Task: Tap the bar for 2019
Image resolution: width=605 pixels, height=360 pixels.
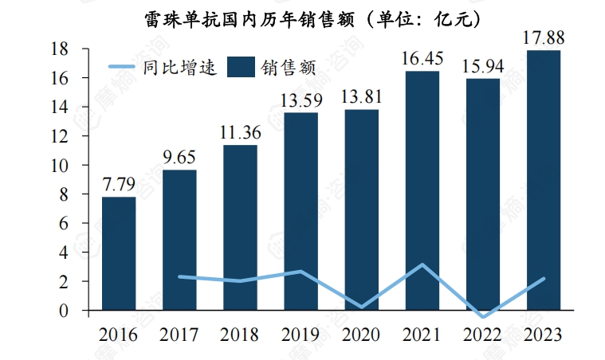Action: click(x=301, y=211)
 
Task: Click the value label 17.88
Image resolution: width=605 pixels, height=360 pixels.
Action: click(x=543, y=37)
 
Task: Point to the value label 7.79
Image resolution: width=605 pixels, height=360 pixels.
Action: click(x=119, y=185)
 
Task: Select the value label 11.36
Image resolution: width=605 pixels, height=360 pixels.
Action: click(x=240, y=133)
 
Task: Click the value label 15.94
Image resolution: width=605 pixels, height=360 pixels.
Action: click(x=482, y=66)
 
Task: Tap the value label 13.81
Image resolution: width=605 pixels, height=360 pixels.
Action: click(x=361, y=97)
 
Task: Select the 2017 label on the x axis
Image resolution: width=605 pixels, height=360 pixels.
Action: click(x=179, y=335)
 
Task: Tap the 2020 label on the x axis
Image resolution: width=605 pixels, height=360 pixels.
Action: click(x=361, y=335)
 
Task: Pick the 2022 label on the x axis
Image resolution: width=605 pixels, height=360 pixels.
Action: click(x=482, y=335)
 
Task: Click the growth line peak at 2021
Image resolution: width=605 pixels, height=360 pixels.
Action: click(x=422, y=264)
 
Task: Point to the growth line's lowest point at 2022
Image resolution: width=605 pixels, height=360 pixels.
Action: click(x=482, y=317)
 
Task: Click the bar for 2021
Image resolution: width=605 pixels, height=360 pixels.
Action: click(x=422, y=191)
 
